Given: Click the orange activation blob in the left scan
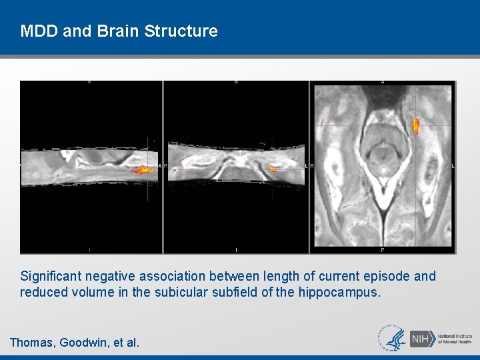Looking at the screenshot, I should (x=143, y=170).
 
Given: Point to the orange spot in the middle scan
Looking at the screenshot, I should (x=272, y=170).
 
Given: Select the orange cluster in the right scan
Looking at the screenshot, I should (x=416, y=125).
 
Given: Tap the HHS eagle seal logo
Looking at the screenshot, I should (x=392, y=338).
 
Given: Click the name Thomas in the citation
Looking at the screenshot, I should (x=31, y=343).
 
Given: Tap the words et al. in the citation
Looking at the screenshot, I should (x=126, y=343).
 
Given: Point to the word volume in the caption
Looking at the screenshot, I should (x=90, y=292).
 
